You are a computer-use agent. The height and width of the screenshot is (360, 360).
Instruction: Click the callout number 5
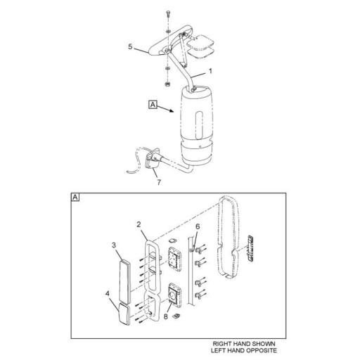click(130, 46)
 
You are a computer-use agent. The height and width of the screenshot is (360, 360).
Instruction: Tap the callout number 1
click(210, 71)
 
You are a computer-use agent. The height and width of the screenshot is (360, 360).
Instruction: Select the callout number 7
click(159, 182)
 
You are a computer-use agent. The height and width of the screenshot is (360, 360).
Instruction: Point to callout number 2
click(139, 224)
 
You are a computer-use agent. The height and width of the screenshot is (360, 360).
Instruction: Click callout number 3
click(114, 245)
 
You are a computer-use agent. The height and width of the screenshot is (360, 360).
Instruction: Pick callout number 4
click(108, 293)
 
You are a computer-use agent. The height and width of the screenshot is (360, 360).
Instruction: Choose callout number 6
click(198, 226)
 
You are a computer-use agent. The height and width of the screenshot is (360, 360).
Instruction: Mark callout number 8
click(166, 316)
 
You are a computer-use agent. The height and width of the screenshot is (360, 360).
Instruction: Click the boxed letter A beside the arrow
click(153, 105)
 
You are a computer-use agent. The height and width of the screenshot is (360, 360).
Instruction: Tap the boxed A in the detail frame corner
click(75, 198)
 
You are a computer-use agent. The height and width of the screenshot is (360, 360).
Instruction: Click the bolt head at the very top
click(169, 14)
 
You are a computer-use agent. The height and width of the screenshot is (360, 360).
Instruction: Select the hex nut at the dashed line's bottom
click(167, 84)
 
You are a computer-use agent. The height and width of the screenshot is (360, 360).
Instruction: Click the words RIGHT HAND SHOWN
click(244, 344)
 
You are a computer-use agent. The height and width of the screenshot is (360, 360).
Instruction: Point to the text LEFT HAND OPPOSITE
click(244, 351)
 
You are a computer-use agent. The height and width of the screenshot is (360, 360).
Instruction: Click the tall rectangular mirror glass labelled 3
click(125, 281)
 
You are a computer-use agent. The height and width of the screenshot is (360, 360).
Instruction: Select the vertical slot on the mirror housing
click(199, 124)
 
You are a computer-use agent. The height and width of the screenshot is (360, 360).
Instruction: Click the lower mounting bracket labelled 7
click(152, 160)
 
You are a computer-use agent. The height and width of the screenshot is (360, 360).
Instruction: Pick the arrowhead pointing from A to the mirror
click(172, 111)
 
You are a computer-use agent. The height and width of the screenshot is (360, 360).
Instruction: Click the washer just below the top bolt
click(168, 31)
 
